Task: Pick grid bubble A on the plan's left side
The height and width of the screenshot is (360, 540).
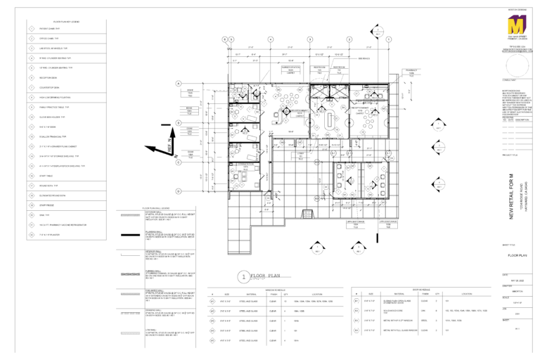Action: coord(179,83)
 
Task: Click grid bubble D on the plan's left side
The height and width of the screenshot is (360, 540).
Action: coord(179,191)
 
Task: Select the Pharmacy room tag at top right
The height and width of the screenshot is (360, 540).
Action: coord(409,71)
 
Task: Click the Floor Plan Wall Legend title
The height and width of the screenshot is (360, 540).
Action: coord(155,208)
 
